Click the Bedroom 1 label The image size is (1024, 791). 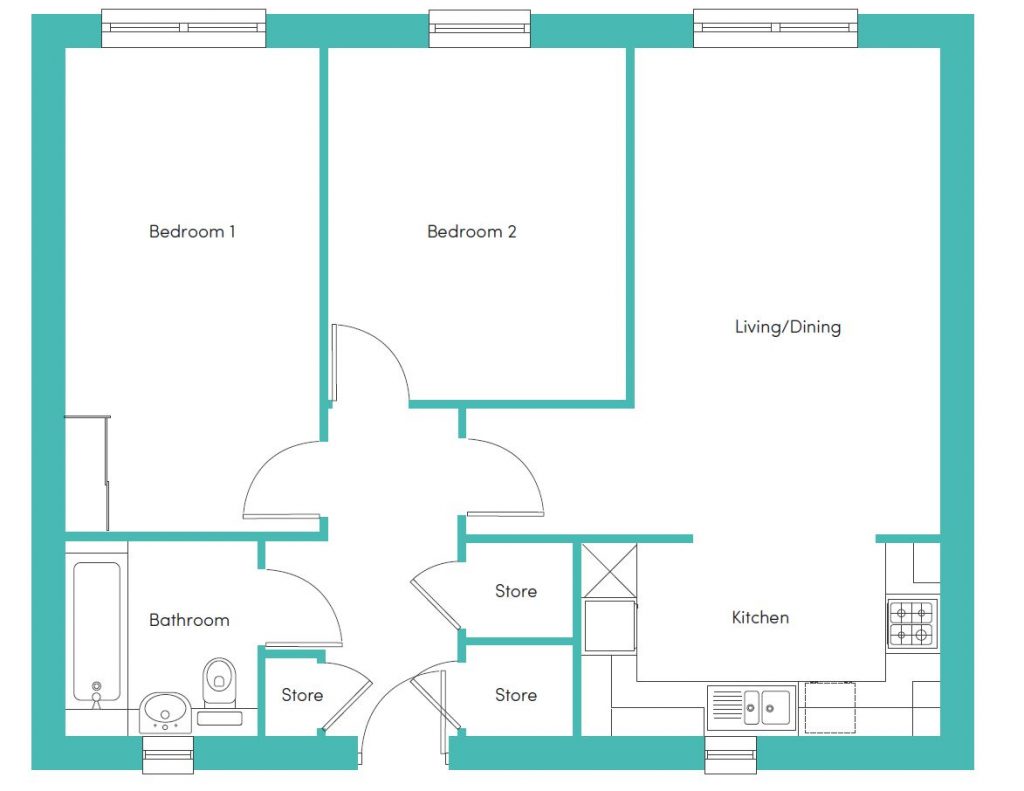pos(192,231)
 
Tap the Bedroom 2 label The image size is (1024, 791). pos(472,231)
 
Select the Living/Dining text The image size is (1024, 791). pos(788,327)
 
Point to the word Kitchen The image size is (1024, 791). pos(760,617)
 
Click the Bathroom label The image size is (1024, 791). pos(189,620)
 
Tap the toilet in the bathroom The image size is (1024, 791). pos(219,683)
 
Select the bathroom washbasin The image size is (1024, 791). pos(165,711)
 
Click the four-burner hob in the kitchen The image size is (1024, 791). pos(912,624)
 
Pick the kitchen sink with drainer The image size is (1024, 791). pos(752,708)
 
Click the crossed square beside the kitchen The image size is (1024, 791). pos(609,571)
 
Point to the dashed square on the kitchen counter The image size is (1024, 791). pos(830,707)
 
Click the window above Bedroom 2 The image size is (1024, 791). pos(479,28)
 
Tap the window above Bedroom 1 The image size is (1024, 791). pos(184,28)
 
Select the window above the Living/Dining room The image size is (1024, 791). pos(775,28)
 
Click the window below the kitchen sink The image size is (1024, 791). pos(731,754)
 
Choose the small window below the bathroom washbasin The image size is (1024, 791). pos(168,754)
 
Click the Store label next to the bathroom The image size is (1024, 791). pos(302,695)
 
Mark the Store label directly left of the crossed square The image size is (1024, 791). pos(516,591)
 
